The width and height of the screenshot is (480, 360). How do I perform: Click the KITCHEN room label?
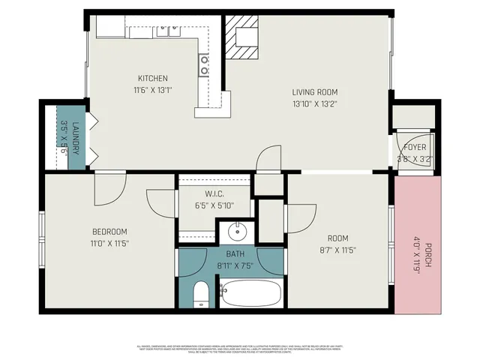coord(152,78)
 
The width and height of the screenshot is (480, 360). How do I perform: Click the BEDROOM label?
coord(109,231)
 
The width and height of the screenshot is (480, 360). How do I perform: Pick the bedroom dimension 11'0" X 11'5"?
coord(109,243)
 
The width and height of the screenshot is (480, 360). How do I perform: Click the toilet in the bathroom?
coord(200,294)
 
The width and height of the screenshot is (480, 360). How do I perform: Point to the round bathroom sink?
coord(235,229)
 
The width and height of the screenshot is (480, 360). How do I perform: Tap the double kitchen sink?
coord(167,31)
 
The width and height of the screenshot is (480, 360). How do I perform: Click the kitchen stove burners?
coord(204,65)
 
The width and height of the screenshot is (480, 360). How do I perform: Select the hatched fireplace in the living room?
coord(243,42)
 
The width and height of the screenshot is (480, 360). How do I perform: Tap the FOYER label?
coord(415,147)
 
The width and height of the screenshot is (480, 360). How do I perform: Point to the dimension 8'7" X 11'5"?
coord(335,250)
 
